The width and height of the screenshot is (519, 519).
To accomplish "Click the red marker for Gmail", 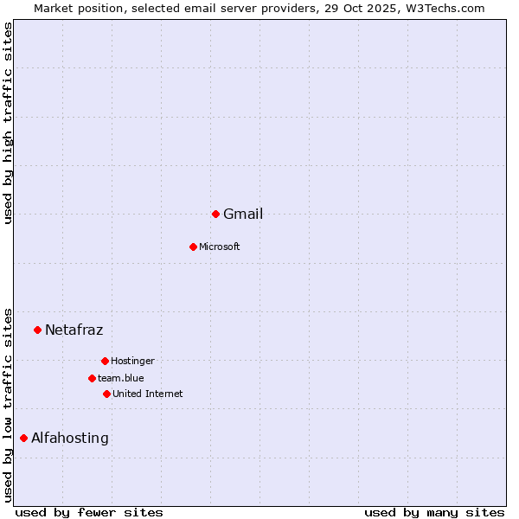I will click(x=215, y=214).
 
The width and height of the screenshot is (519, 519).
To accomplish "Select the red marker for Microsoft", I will click(x=193, y=247).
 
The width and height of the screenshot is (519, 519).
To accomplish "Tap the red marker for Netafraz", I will click(x=37, y=330).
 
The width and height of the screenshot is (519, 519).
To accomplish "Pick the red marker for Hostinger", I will click(x=105, y=361).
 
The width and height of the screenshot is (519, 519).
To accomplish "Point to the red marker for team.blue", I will click(x=92, y=378).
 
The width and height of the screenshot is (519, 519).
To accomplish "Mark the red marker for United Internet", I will click(x=106, y=394).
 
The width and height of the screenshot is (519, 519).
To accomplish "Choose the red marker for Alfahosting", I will click(x=23, y=438).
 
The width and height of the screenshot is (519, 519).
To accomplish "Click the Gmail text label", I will click(x=243, y=215).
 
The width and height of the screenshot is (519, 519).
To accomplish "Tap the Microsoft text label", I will click(x=220, y=247).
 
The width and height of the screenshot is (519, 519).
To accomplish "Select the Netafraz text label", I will click(x=74, y=330).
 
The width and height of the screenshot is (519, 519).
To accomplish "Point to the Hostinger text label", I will click(x=132, y=362).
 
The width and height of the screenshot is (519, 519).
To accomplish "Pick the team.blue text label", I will click(x=121, y=379).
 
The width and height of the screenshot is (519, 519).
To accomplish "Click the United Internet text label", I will click(x=148, y=394).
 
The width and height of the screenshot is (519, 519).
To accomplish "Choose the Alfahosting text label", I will click(x=70, y=439).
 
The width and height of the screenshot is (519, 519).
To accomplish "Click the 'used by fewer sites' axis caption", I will click(x=89, y=512).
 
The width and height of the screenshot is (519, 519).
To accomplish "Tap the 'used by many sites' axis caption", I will click(x=434, y=512).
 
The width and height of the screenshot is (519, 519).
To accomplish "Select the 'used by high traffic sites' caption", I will click(x=8, y=123).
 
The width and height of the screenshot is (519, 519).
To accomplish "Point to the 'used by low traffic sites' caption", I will click(x=8, y=404).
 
